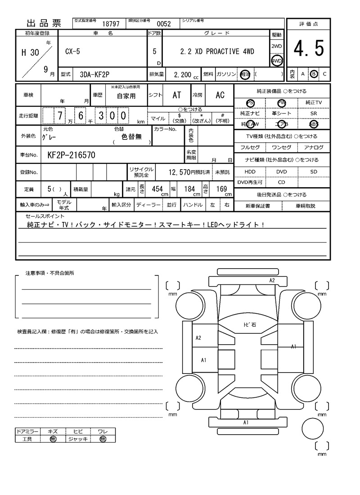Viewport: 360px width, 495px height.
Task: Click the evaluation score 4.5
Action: click(x=309, y=49)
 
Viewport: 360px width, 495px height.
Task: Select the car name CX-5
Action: click(x=71, y=52)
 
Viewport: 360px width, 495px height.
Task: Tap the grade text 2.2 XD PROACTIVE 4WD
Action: click(x=217, y=52)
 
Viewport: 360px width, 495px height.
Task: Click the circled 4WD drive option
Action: click(x=276, y=61)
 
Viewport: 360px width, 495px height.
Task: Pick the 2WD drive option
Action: click(x=276, y=46)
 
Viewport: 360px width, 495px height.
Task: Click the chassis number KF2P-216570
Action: click(x=71, y=156)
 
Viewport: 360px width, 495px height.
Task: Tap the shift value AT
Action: click(x=177, y=95)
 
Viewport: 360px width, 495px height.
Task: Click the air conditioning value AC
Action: click(x=220, y=95)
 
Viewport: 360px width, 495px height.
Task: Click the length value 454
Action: click(x=157, y=189)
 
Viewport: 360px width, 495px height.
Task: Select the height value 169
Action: click(x=221, y=189)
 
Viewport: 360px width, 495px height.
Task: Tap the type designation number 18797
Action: click(x=111, y=24)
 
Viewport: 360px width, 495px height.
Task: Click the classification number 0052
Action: click(x=163, y=24)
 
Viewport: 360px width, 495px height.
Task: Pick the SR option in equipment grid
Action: click(x=314, y=114)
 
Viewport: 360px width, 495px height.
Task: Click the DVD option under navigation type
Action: click(x=281, y=171)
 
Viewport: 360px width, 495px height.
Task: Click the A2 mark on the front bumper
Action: click(x=272, y=280)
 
